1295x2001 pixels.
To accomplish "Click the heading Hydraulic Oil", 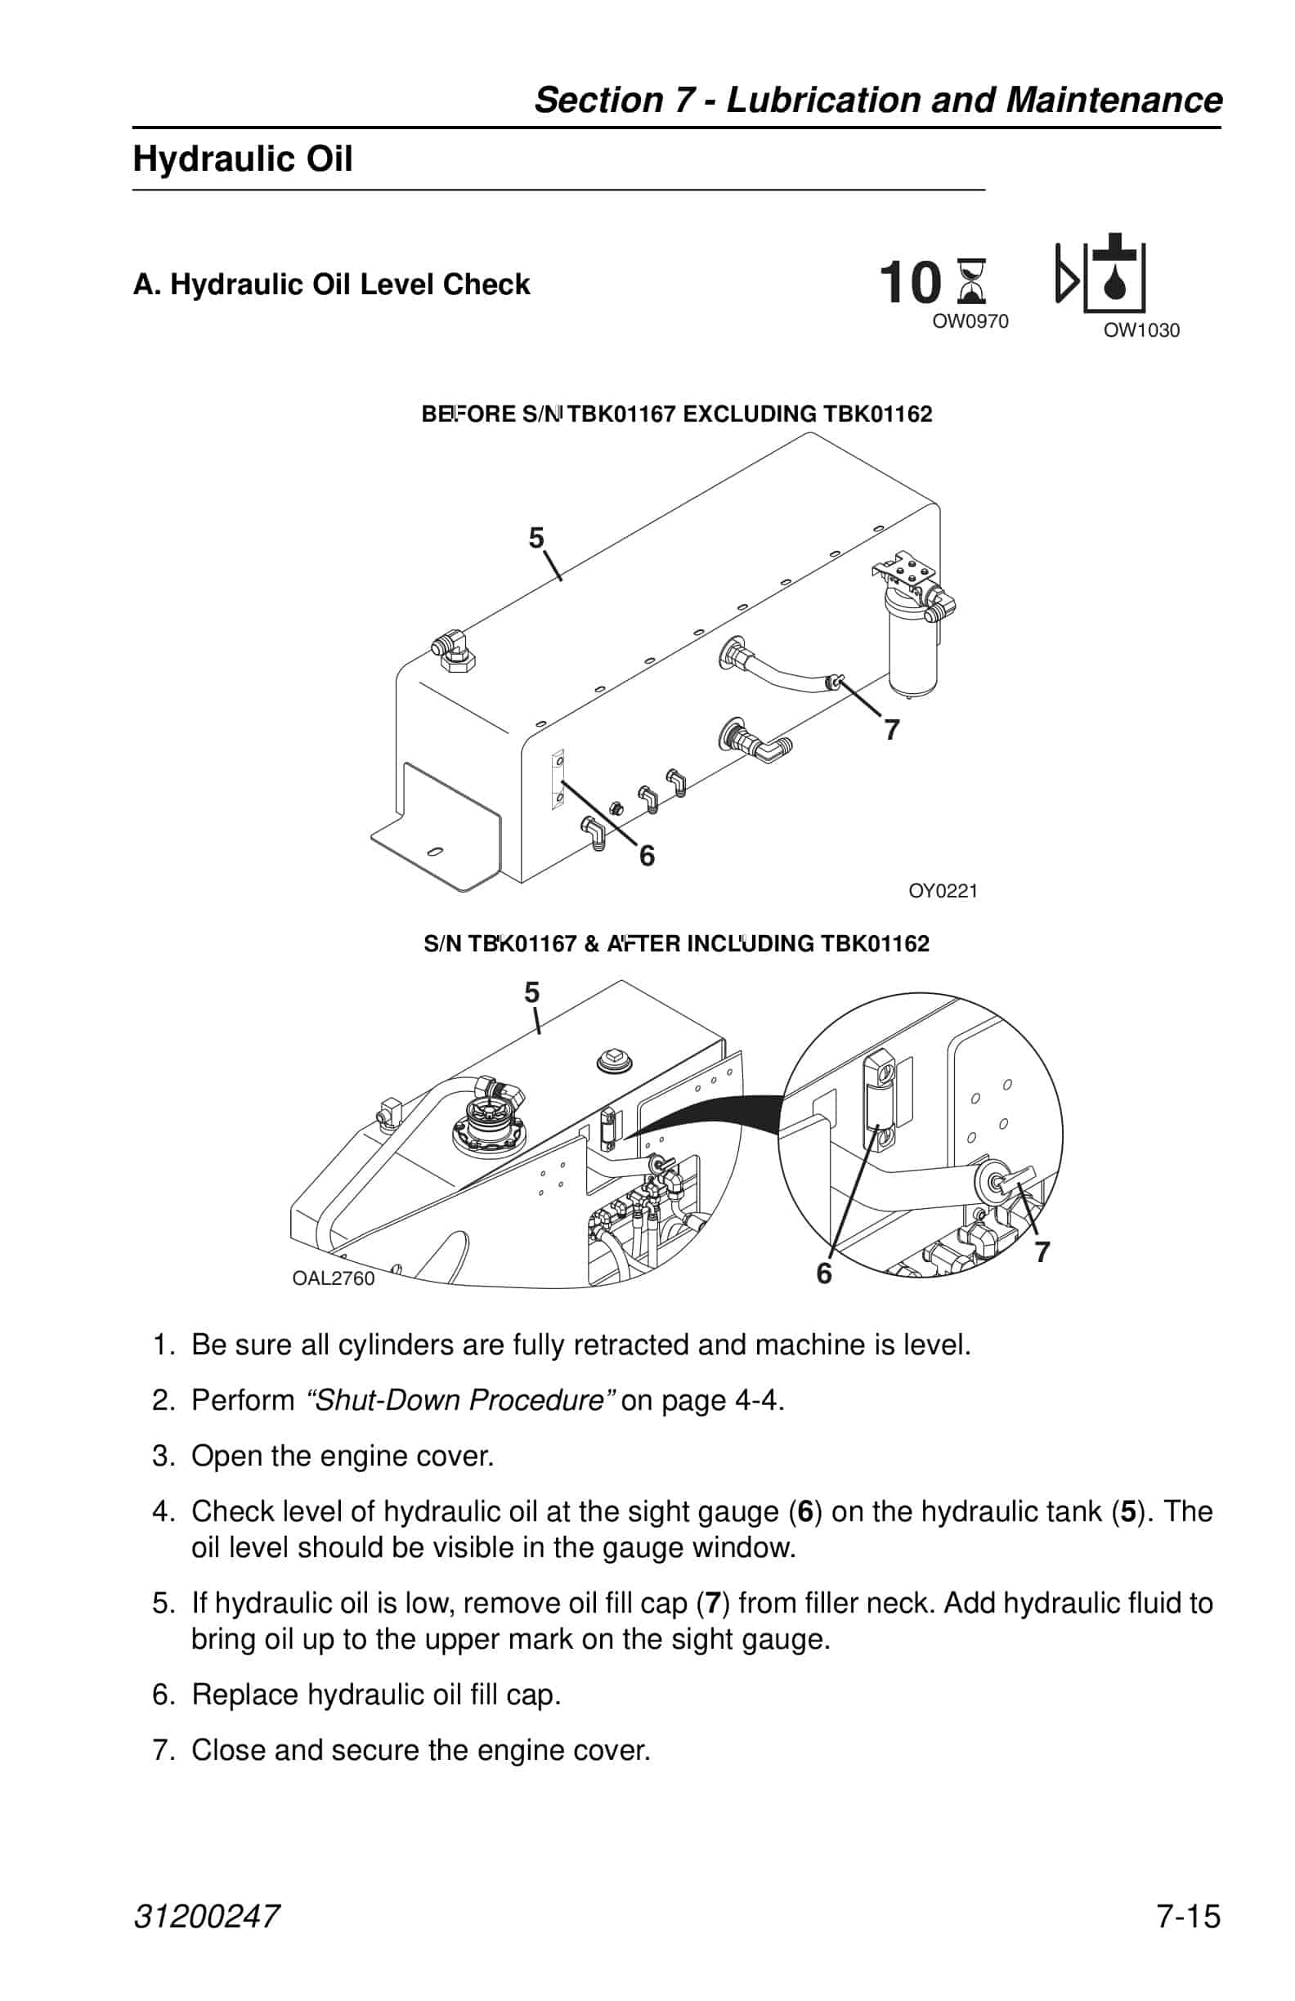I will (x=242, y=159).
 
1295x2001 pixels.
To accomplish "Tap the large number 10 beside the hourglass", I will (x=910, y=284).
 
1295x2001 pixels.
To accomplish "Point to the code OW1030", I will (x=1141, y=330).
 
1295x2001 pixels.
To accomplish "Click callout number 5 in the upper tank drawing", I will (x=536, y=537).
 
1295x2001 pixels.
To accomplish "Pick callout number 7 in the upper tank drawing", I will (x=891, y=730).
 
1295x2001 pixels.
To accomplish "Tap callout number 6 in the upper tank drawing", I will (x=647, y=856).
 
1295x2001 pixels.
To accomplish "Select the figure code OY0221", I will (x=943, y=890).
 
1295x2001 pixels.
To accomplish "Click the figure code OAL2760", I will (x=333, y=1278).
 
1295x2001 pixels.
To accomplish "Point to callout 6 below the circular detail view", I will (x=824, y=1274).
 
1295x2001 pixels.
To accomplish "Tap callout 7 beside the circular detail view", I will (x=1042, y=1252).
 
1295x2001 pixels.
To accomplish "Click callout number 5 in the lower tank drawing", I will (x=531, y=993).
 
